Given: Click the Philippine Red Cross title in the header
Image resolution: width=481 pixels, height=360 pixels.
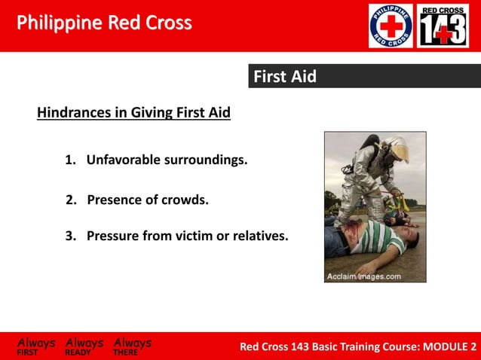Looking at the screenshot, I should click(104, 23).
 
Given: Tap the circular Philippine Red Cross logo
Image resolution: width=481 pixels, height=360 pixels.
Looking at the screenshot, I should click(391, 26).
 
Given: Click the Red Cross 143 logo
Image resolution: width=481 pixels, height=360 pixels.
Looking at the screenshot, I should click(443, 26).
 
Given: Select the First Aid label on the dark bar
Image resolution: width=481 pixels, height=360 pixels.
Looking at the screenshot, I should click(284, 77).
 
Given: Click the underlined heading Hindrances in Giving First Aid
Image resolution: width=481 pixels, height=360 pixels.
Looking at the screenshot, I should click(133, 113).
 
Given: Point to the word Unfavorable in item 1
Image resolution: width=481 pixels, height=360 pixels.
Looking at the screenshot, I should click(121, 160).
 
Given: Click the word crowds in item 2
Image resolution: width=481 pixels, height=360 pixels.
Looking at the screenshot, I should click(187, 200).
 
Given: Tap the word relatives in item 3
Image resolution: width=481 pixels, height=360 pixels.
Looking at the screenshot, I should click(258, 236).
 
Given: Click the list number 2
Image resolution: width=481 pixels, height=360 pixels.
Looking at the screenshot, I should click(71, 200).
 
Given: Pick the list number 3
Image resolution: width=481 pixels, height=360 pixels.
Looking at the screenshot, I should click(70, 236).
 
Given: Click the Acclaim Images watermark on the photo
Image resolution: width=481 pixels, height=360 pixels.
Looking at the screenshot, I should click(363, 276).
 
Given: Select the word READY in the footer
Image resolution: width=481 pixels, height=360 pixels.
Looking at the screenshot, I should click(78, 352).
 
